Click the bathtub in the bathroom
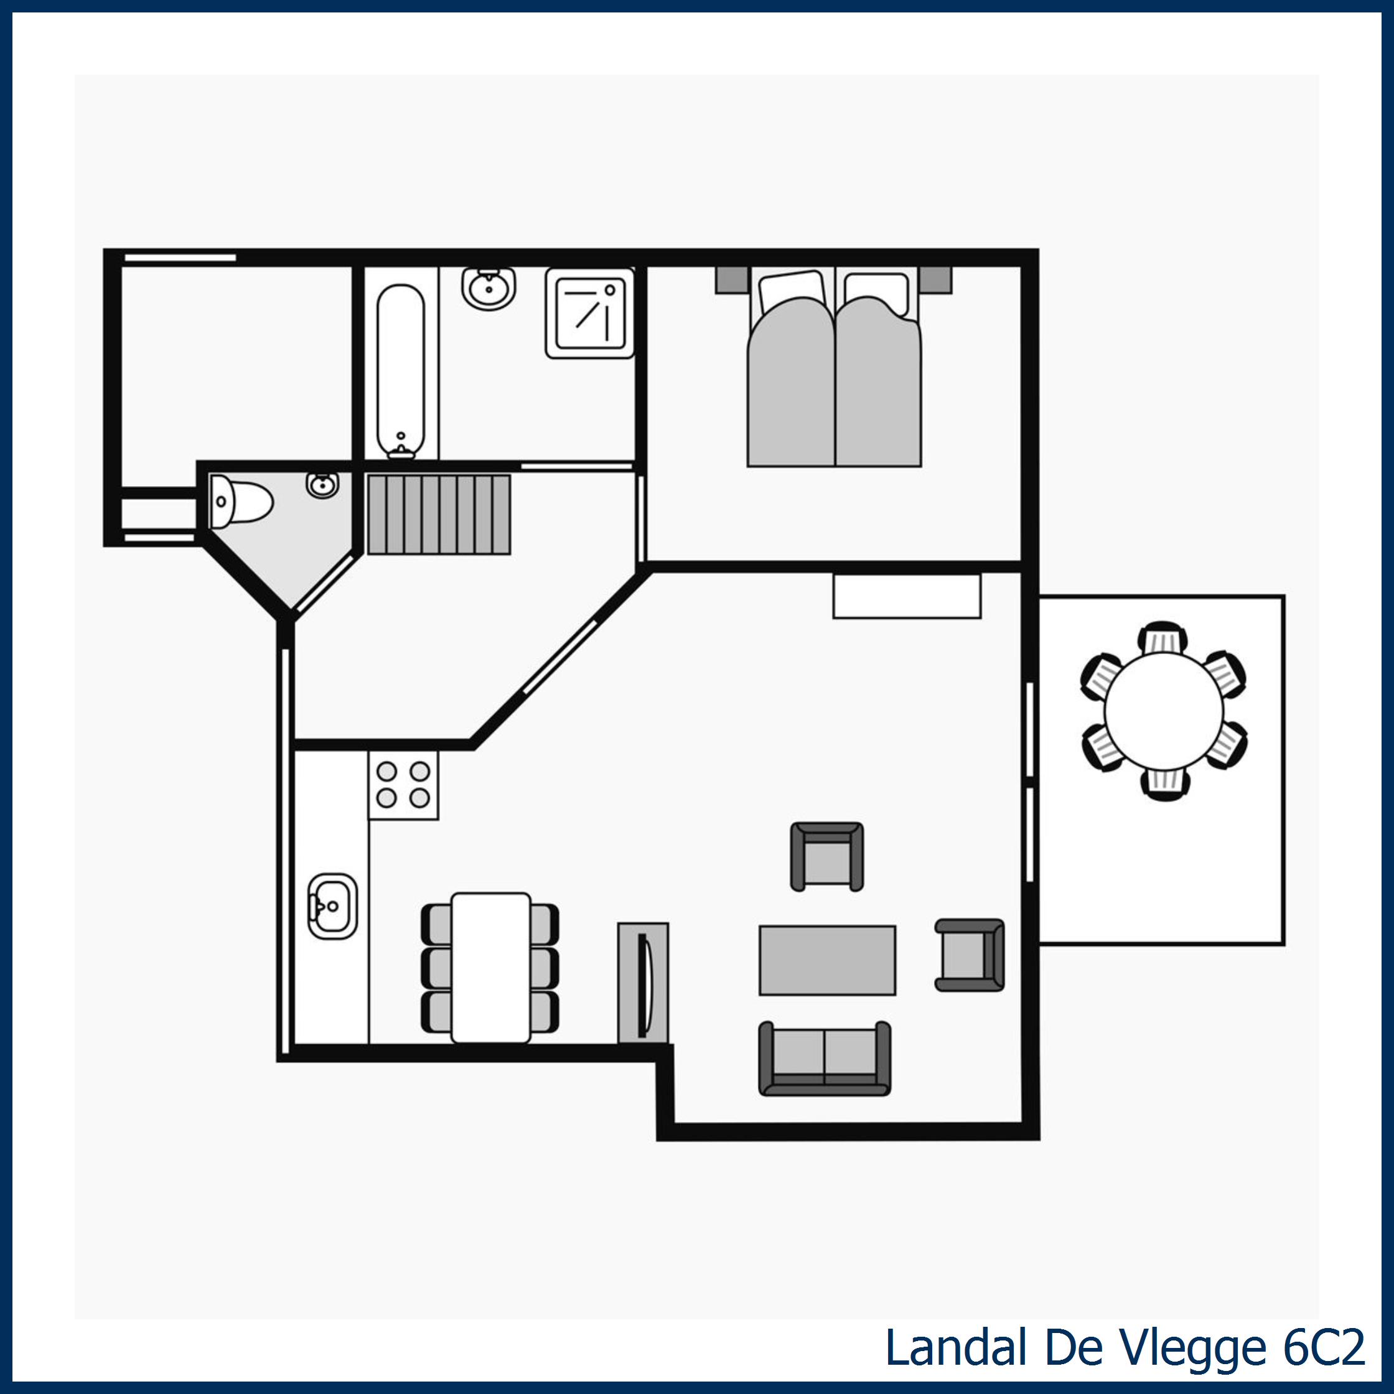[x=400, y=368]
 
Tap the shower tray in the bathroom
[x=589, y=313]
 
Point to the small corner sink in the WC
[x=322, y=484]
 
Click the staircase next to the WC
[x=439, y=514]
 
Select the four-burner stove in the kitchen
[x=403, y=785]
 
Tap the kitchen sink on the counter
[x=332, y=906]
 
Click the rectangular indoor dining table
[x=490, y=967]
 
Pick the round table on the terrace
[x=1163, y=710]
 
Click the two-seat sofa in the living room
[x=824, y=1058]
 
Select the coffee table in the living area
[x=827, y=960]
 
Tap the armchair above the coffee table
[x=827, y=856]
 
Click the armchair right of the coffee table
[x=968, y=955]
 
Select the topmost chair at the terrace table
[x=1162, y=638]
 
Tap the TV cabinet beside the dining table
[x=643, y=982]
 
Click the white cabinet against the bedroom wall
[x=906, y=596]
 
